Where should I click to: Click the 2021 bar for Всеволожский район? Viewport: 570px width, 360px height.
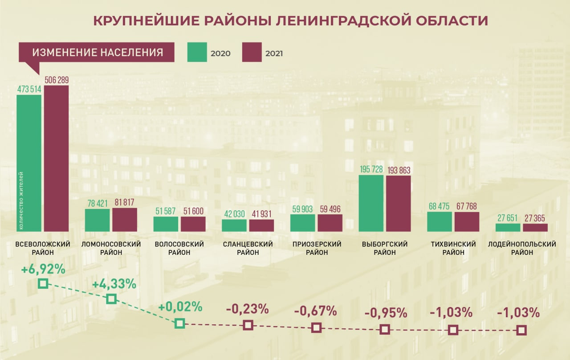[x=56, y=158]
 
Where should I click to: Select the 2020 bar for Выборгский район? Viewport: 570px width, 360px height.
[x=371, y=203]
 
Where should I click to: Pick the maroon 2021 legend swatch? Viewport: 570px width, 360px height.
[x=252, y=52]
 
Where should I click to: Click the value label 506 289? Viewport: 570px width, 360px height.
[x=57, y=80]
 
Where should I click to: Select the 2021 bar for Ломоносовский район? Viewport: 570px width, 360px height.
[x=125, y=220]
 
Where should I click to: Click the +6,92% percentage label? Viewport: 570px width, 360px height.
[x=43, y=270]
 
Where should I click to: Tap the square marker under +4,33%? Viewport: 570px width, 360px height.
[x=112, y=299]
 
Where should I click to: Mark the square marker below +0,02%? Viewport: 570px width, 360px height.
[x=179, y=323]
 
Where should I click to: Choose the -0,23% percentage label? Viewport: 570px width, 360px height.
[x=247, y=308]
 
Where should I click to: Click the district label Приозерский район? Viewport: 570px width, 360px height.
[x=317, y=248]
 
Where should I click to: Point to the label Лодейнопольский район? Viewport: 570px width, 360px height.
[x=522, y=248]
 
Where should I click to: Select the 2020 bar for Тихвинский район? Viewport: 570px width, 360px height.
[x=440, y=221]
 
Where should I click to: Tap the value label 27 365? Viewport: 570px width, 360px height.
[x=535, y=218]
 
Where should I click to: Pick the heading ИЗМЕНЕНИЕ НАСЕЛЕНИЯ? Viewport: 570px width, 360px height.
[x=98, y=53]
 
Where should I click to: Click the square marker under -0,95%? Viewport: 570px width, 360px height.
[x=385, y=330]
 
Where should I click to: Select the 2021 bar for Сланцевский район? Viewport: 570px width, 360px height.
[x=261, y=225]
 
